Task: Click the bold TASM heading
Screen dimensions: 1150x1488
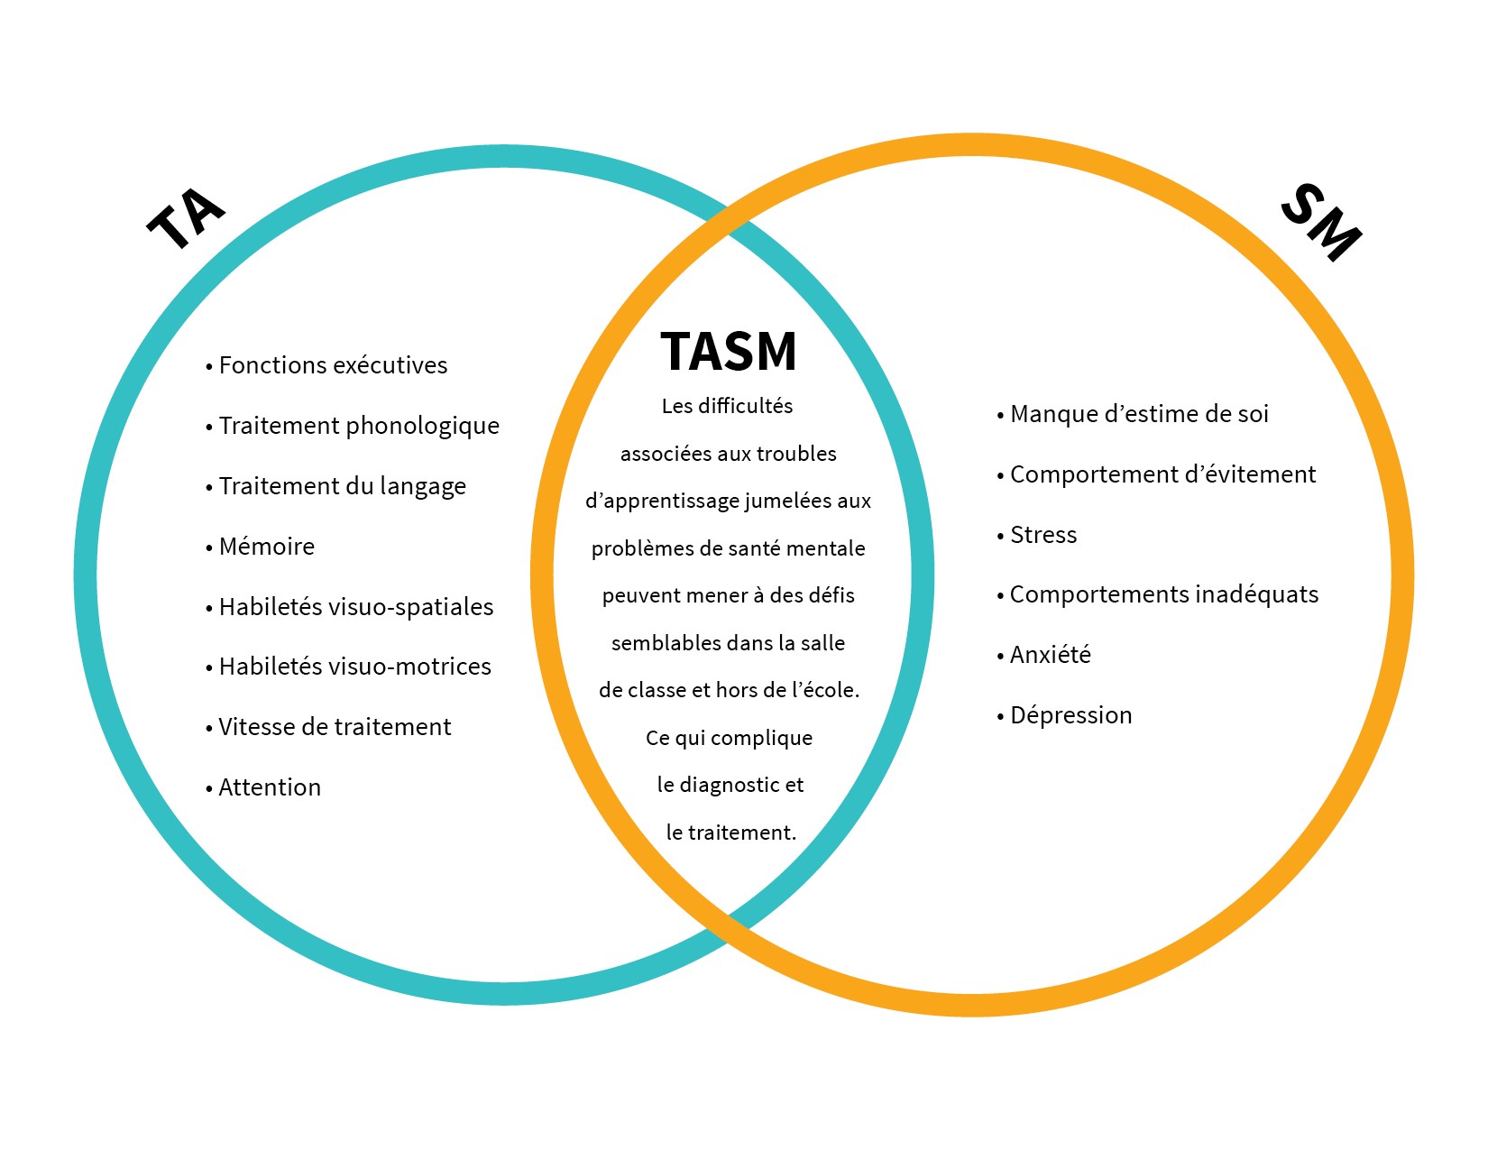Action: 729,351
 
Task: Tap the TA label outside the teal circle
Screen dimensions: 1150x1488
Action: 186,219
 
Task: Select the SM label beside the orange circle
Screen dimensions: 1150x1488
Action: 1321,223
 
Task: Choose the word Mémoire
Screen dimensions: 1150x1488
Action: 266,547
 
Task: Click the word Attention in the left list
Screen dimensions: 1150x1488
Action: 270,787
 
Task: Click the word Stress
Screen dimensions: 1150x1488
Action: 1043,535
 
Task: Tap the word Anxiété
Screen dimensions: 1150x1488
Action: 1050,655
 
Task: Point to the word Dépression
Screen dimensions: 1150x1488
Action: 1070,715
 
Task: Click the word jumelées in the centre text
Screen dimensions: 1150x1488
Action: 793,501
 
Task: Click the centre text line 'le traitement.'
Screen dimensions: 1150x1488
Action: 730,833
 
